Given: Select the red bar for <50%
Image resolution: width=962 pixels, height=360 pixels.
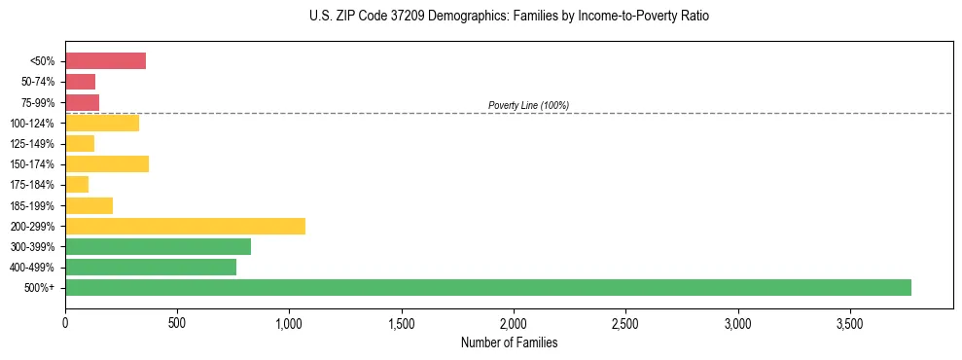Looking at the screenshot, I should [x=105, y=61].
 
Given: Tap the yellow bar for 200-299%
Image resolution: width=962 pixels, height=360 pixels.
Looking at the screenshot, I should [x=185, y=226].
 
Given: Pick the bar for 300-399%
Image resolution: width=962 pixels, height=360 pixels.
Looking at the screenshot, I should [x=158, y=246].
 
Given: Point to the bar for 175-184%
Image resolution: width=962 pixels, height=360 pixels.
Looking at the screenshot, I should [x=77, y=185].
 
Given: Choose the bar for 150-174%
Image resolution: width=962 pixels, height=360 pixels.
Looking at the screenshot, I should [x=107, y=163].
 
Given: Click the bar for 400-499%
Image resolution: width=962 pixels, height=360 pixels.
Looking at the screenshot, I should [x=151, y=267].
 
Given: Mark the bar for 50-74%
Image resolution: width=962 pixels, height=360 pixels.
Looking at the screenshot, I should [x=80, y=82].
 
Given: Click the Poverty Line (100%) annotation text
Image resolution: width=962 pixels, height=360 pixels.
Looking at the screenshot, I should [x=528, y=105].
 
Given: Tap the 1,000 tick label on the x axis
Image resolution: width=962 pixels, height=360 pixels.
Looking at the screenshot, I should [x=289, y=322].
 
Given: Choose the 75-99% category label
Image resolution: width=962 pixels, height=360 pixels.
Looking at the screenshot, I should [x=39, y=103].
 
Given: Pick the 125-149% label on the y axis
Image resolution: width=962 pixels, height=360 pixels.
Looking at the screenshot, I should [x=35, y=144].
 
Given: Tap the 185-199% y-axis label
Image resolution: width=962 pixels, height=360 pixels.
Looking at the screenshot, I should [x=35, y=205].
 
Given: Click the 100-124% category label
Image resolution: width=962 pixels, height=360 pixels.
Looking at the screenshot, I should [x=35, y=124].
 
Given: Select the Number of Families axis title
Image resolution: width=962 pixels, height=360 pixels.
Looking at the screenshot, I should [x=509, y=342].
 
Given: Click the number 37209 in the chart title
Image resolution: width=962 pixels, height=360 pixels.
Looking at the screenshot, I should [x=388, y=17].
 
